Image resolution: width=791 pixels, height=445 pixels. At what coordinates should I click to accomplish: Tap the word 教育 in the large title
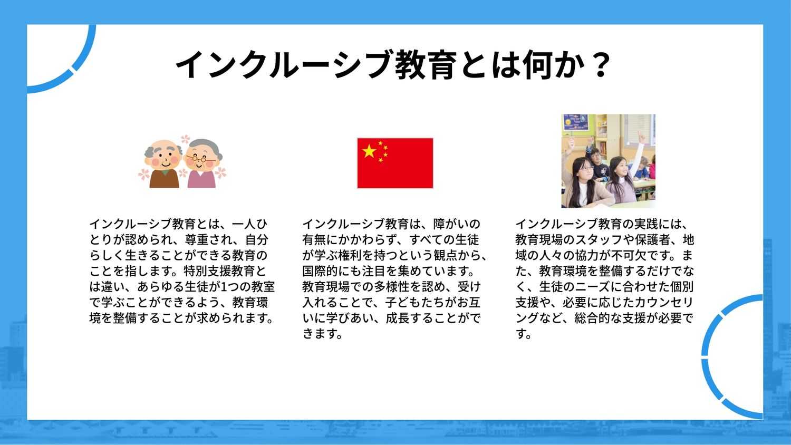[x=425, y=65]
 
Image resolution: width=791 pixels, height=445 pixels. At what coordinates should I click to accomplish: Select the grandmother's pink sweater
[x=201, y=179]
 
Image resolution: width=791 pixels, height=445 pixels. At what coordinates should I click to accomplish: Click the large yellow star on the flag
[x=369, y=151]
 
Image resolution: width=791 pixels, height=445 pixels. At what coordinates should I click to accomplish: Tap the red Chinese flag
[x=395, y=163]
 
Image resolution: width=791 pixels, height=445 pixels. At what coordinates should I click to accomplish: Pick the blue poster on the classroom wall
[x=576, y=122]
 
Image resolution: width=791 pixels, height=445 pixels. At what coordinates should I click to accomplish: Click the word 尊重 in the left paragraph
[x=197, y=240]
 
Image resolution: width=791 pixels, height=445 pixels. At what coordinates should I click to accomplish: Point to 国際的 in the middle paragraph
[x=320, y=271]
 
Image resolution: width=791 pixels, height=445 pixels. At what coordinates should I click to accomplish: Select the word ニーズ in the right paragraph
[x=581, y=287]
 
